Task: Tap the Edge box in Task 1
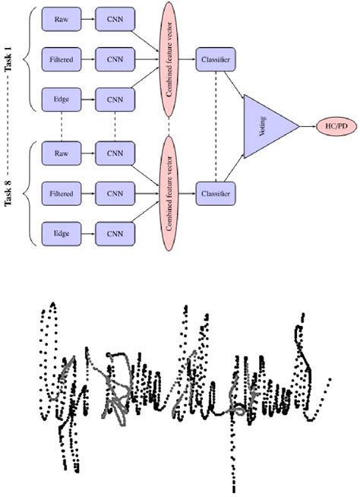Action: [61, 98]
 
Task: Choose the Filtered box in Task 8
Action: [61, 194]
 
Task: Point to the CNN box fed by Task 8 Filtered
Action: [115, 194]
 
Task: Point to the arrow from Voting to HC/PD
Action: [307, 126]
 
